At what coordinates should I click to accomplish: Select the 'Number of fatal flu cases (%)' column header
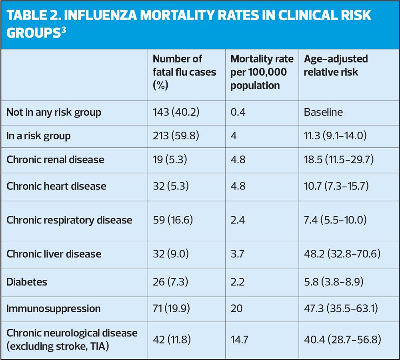184,72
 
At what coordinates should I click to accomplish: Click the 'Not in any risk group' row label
54,112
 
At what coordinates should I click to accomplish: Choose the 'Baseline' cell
323,112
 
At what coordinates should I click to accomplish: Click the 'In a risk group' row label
38,136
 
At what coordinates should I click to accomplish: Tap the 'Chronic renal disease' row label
55,159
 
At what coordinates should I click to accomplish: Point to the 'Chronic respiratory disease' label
69,220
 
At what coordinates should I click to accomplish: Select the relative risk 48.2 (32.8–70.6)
341,254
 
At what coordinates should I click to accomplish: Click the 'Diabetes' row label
27,282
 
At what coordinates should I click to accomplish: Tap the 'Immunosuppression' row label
54,308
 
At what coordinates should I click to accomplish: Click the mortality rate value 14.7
239,340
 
